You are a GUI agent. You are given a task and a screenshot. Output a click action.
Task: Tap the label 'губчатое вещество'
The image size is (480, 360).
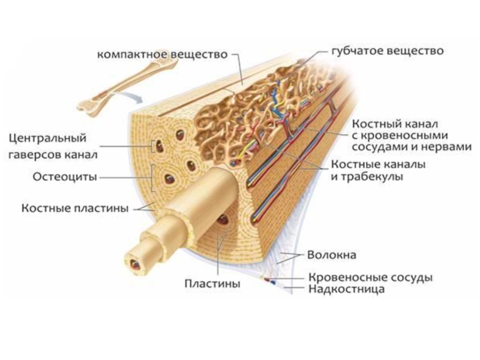pyautogui.click(x=388, y=51)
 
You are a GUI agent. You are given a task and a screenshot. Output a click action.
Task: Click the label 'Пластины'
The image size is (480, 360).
pyautogui.click(x=213, y=283)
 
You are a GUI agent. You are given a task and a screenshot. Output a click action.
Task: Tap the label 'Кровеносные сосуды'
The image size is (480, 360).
pyautogui.click(x=370, y=278)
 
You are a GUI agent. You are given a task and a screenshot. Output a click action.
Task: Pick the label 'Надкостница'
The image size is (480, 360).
pyautogui.click(x=346, y=289)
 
